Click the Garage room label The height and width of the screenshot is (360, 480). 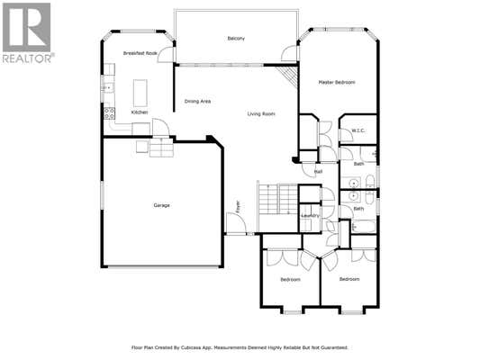161,205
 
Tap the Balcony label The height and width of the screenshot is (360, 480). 236,39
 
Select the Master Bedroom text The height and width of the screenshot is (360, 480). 337,82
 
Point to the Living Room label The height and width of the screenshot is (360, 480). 261,114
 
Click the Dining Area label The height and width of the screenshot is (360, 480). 197,101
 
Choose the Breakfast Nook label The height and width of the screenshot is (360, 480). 140,53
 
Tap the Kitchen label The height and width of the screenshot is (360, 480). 140,112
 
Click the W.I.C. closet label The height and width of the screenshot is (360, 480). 358,130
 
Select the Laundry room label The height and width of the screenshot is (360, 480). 310,216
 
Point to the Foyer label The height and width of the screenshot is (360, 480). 238,206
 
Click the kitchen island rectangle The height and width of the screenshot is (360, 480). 140,93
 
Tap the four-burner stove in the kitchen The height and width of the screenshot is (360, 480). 110,113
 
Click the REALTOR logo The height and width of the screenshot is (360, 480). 28,32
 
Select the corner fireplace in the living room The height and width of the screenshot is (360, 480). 289,75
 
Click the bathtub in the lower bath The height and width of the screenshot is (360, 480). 364,227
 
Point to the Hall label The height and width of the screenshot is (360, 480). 318,172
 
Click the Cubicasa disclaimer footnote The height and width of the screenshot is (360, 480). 240,347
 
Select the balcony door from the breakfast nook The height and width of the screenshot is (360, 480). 166,55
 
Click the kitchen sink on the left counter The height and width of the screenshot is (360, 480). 108,88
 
